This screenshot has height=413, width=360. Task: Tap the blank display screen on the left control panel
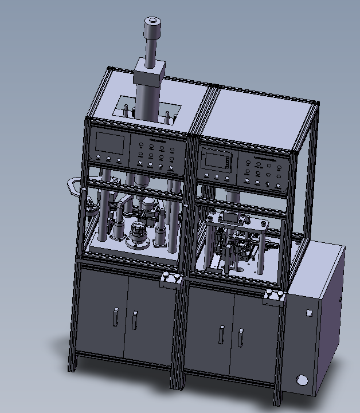point(109,143)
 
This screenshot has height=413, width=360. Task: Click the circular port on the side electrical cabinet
point(302,380)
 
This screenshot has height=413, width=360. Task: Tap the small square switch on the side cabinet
point(310,313)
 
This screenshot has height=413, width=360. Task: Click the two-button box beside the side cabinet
point(274,297)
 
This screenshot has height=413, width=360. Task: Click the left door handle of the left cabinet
point(115,316)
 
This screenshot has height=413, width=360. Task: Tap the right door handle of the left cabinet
point(134,320)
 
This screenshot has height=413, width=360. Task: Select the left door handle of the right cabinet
point(221,334)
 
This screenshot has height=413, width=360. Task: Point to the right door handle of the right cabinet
point(240,337)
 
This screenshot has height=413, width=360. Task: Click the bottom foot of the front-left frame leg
point(72,367)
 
